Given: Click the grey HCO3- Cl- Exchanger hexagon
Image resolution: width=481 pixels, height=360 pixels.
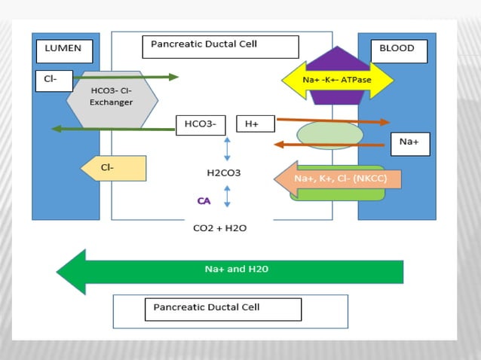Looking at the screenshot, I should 112,99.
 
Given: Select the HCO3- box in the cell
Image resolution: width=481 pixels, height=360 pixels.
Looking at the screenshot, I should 201,124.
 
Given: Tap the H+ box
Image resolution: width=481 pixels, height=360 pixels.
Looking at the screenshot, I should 255,124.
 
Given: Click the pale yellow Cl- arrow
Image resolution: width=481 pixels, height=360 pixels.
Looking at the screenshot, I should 113,168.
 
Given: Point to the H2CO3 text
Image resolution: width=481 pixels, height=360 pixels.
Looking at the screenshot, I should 224,173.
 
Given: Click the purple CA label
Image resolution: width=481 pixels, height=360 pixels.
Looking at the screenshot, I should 204,201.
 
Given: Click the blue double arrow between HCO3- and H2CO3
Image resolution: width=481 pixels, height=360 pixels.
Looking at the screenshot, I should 227,150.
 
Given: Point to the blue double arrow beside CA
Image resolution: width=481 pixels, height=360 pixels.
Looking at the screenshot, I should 227,197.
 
